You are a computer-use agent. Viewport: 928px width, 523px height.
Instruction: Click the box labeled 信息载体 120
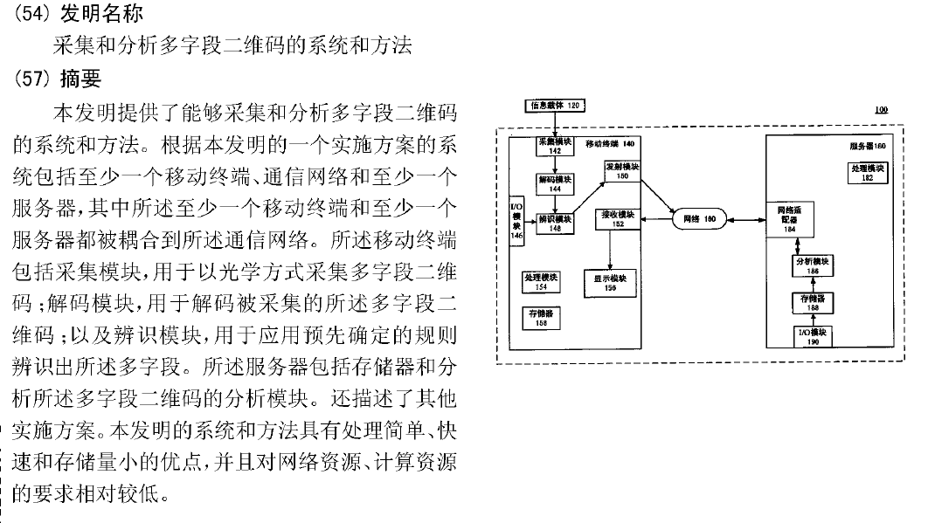[555, 107]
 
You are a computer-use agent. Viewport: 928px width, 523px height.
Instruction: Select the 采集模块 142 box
[555, 146]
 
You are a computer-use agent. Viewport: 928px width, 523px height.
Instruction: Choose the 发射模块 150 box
[622, 170]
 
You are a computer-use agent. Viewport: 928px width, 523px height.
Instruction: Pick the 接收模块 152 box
[617, 218]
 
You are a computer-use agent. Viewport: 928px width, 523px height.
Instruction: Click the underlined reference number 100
[880, 111]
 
